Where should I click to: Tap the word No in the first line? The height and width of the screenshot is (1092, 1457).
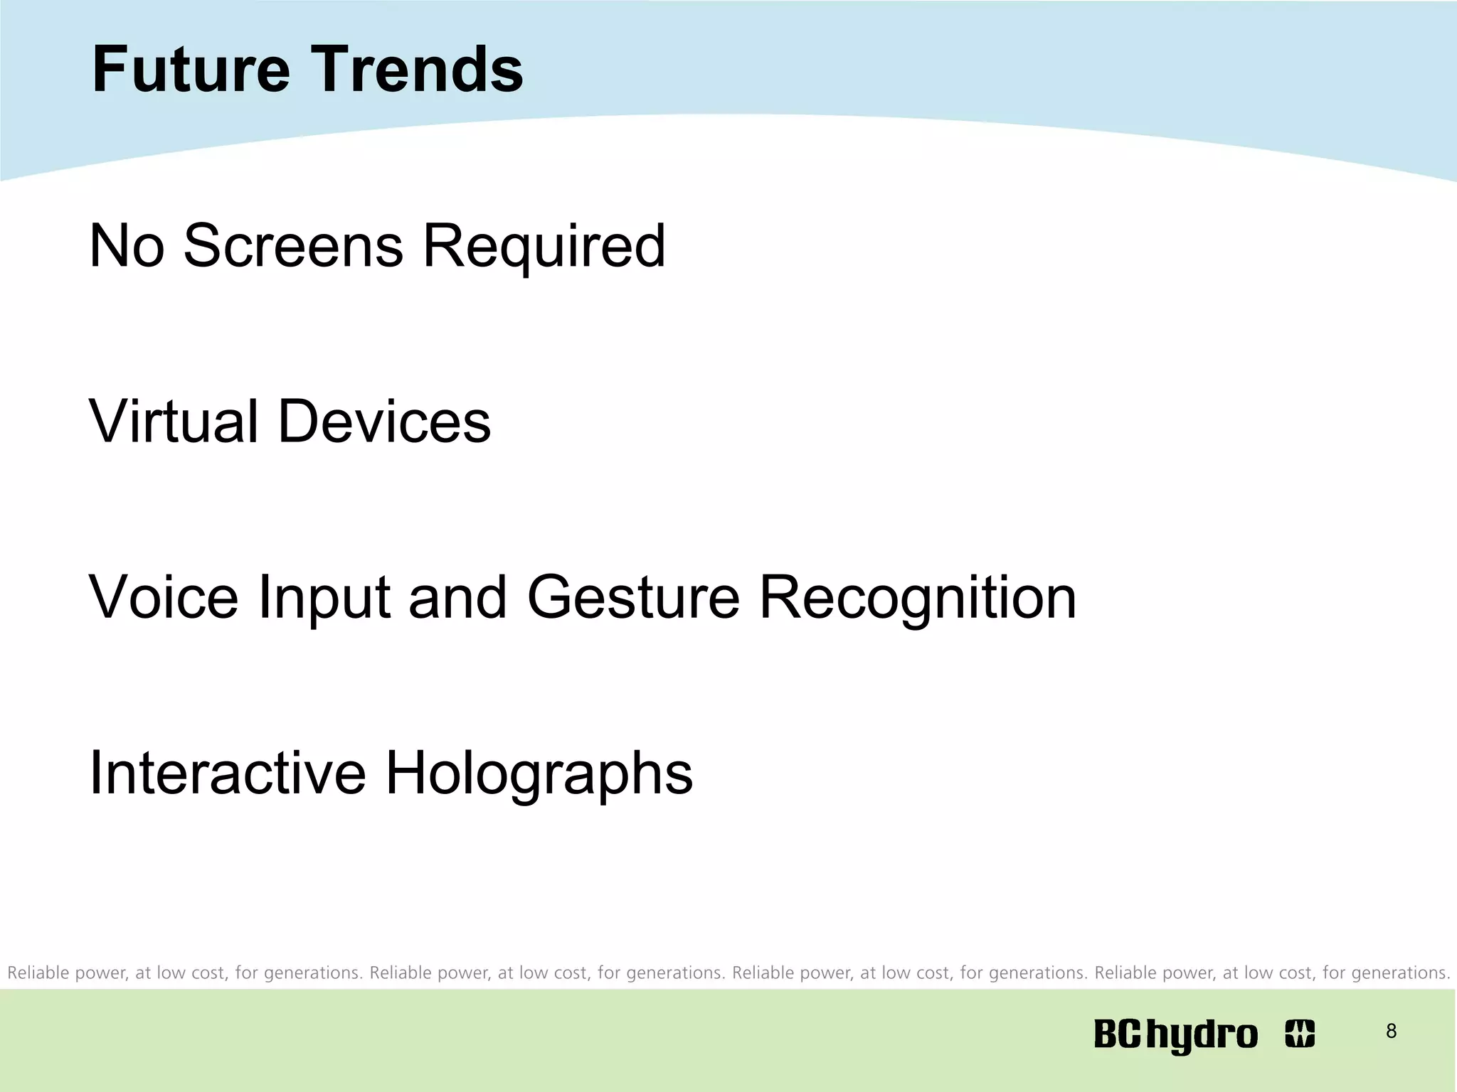coord(127,246)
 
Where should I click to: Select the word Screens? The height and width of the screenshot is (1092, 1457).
coord(293,246)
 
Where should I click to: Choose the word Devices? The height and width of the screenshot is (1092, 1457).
coord(384,422)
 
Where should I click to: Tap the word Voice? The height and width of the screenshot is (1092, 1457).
coord(163,597)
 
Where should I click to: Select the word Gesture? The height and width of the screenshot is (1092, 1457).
coord(633,597)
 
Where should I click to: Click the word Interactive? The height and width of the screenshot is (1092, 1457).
coord(227,773)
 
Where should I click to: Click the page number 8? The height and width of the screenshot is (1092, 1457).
coord(1391,1031)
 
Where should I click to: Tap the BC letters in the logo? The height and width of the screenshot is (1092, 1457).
coord(1118,1034)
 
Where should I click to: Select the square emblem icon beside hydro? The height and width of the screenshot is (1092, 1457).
coord(1300,1034)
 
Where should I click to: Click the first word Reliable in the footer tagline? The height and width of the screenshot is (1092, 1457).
coord(38,973)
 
